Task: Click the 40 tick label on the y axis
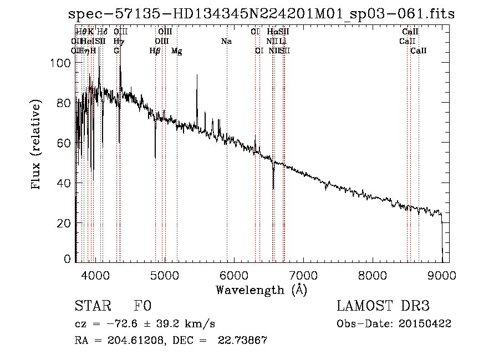pos(65,183)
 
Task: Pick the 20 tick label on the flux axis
pos(65,223)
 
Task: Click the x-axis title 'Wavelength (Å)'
pos(261,290)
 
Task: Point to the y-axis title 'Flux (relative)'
pos(37,145)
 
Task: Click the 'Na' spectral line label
pos(226,42)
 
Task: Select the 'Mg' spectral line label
pos(176,51)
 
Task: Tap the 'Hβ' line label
pos(155,51)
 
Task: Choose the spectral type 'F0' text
pos(142,306)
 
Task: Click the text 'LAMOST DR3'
pos(383,306)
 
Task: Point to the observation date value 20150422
pos(427,324)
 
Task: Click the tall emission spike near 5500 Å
pos(197,78)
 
